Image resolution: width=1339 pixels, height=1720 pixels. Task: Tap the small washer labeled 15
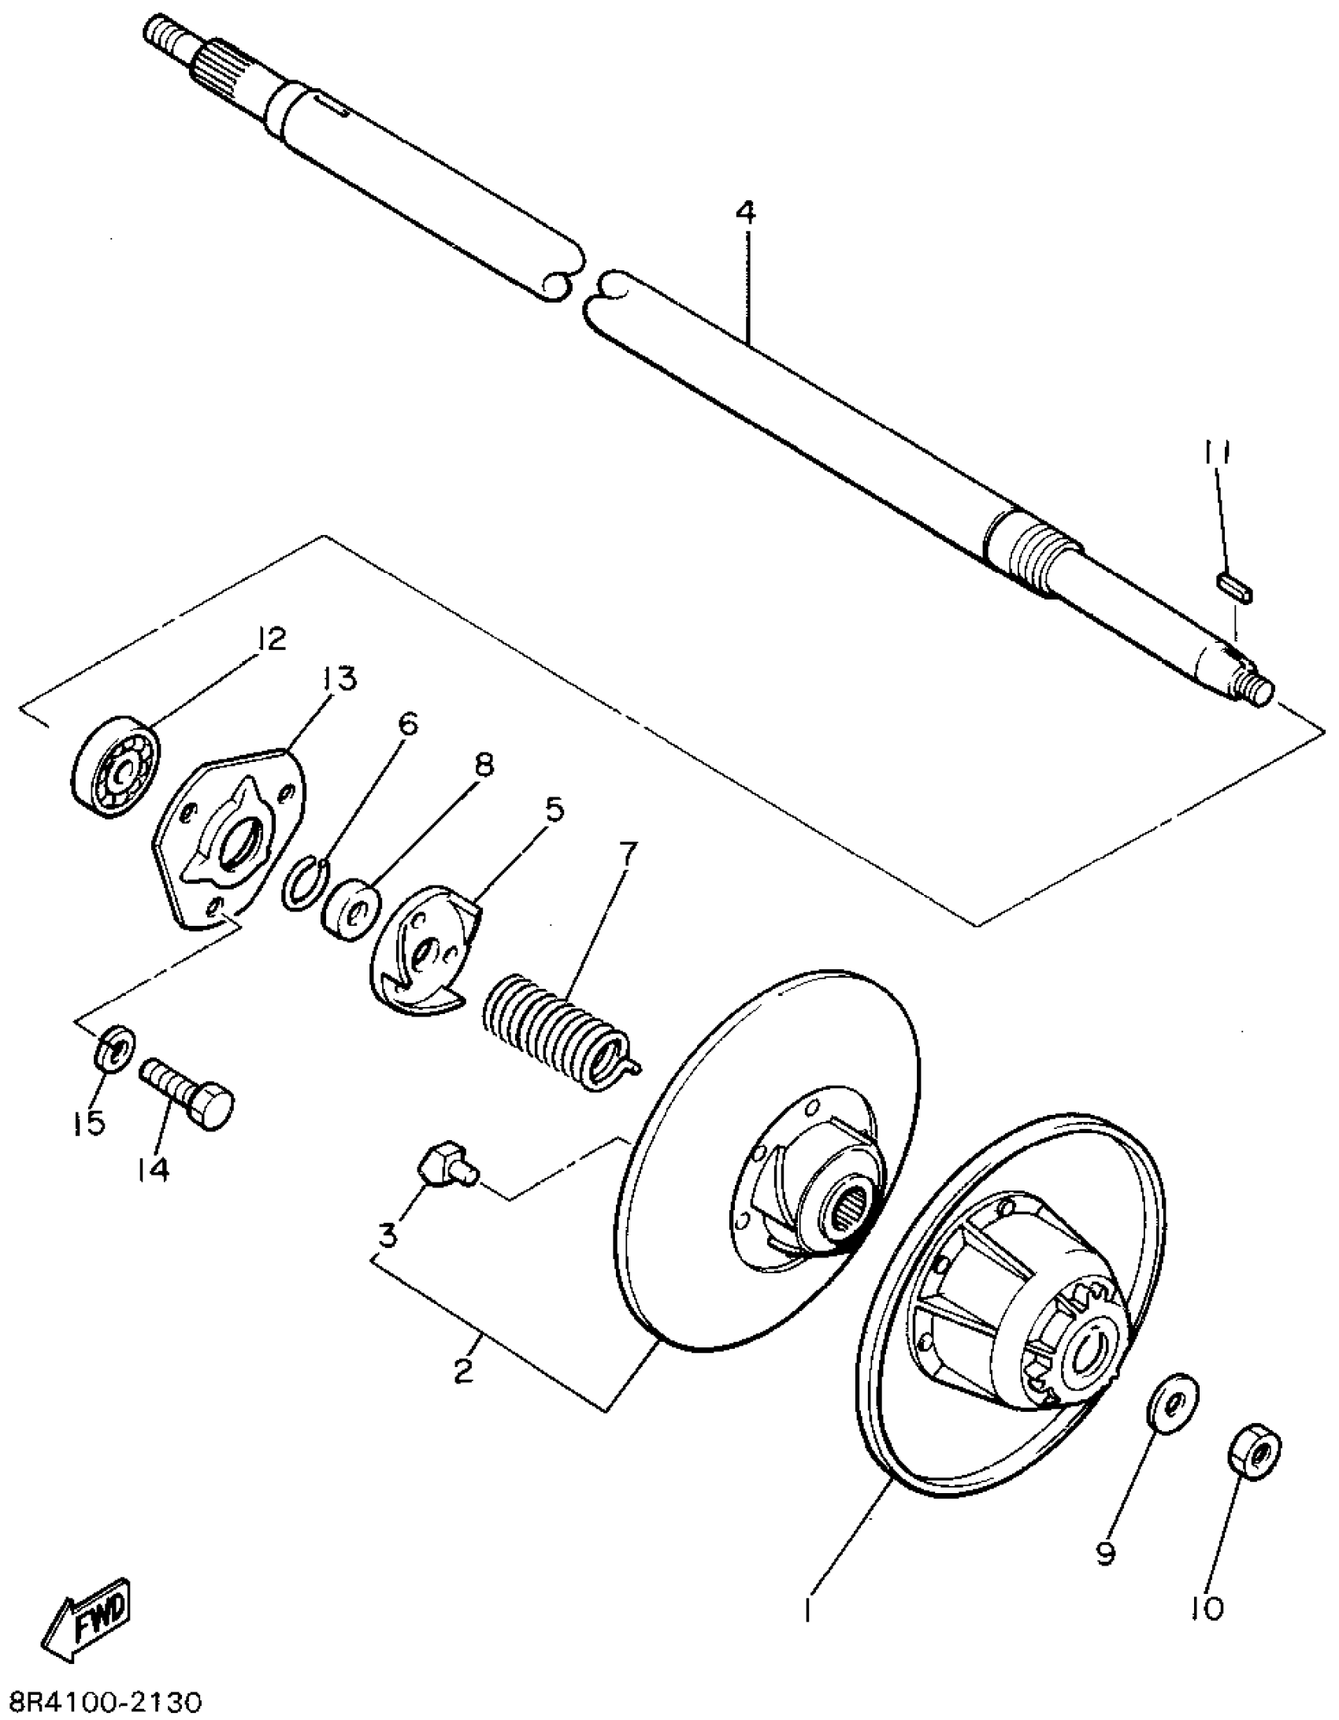115,1049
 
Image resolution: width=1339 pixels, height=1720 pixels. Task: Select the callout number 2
464,1369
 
